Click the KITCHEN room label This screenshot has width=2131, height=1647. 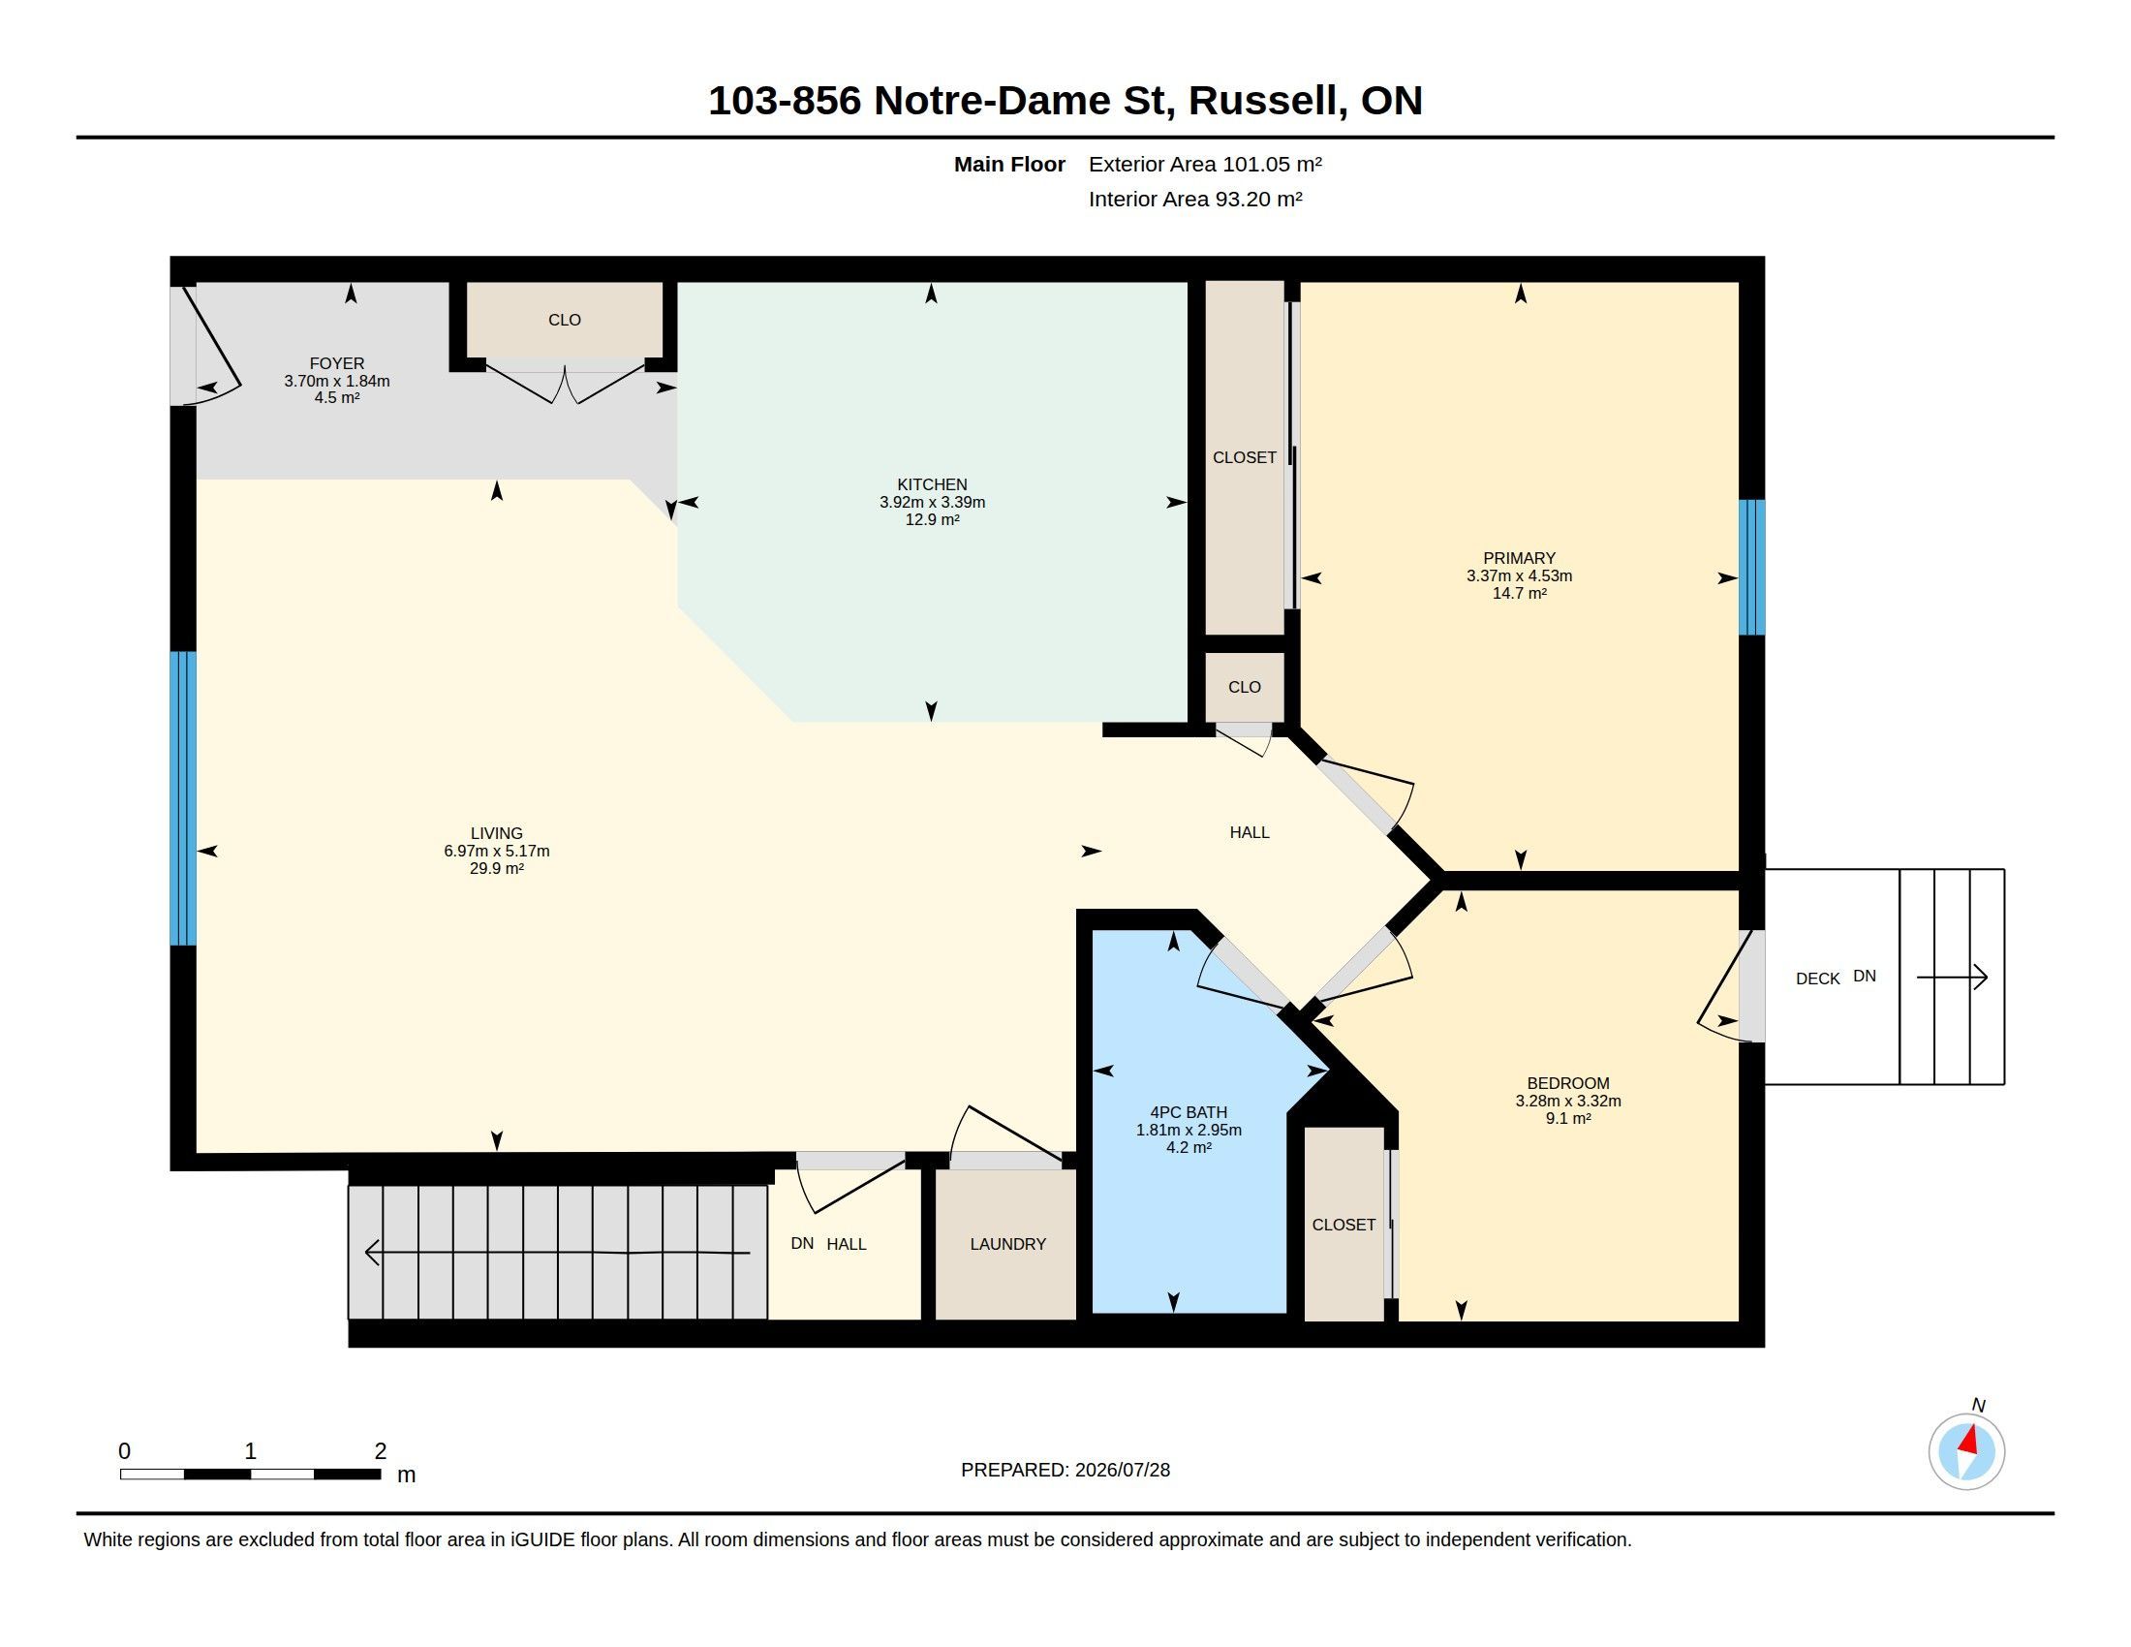[932, 485]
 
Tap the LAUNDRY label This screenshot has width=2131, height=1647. [1008, 1244]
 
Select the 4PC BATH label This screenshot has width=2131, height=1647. [1189, 1112]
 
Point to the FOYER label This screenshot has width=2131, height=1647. [337, 364]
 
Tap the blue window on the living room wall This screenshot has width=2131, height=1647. [183, 799]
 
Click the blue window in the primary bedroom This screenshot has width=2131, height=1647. [1752, 568]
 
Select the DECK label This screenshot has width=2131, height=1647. [1818, 979]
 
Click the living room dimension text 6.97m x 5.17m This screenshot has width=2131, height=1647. [497, 851]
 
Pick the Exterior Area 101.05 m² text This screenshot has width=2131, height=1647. [1205, 164]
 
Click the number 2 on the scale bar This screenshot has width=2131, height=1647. [381, 1451]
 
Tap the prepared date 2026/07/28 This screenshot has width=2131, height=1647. [1122, 1470]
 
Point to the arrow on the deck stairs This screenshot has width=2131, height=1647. [1953, 977]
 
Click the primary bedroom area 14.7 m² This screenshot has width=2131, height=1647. [1519, 593]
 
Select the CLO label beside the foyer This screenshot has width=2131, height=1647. [564, 320]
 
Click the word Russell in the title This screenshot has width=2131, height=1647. [1262, 101]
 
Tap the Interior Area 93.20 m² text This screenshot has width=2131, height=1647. [1195, 199]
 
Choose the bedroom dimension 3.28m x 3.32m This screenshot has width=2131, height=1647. [1568, 1101]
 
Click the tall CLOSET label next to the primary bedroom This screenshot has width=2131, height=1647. [1244, 457]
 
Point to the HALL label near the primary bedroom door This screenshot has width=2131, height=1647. [1249, 832]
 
